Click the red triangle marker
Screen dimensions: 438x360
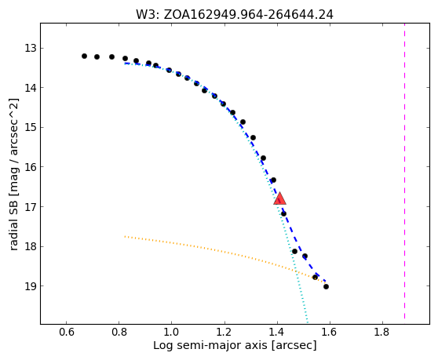pos(279,198)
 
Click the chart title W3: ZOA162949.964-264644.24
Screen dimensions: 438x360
pos(235,14)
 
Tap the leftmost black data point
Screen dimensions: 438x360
pos(84,56)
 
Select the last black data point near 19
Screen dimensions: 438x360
pos(326,286)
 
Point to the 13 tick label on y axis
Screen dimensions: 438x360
pos(31,49)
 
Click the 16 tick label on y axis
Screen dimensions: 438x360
pos(31,167)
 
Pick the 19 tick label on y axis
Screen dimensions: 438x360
pos(31,286)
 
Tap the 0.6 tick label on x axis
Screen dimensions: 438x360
pos(67,333)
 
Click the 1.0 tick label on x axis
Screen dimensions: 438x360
pos(172,333)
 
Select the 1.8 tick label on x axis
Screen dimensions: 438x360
pos(383,333)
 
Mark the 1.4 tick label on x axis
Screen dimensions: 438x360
pos(277,333)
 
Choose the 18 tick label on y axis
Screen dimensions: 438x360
pos(31,246)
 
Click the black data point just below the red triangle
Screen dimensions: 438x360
pos(283,214)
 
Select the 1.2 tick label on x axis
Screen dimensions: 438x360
pos(224,333)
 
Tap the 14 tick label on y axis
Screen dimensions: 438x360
pos(31,88)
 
